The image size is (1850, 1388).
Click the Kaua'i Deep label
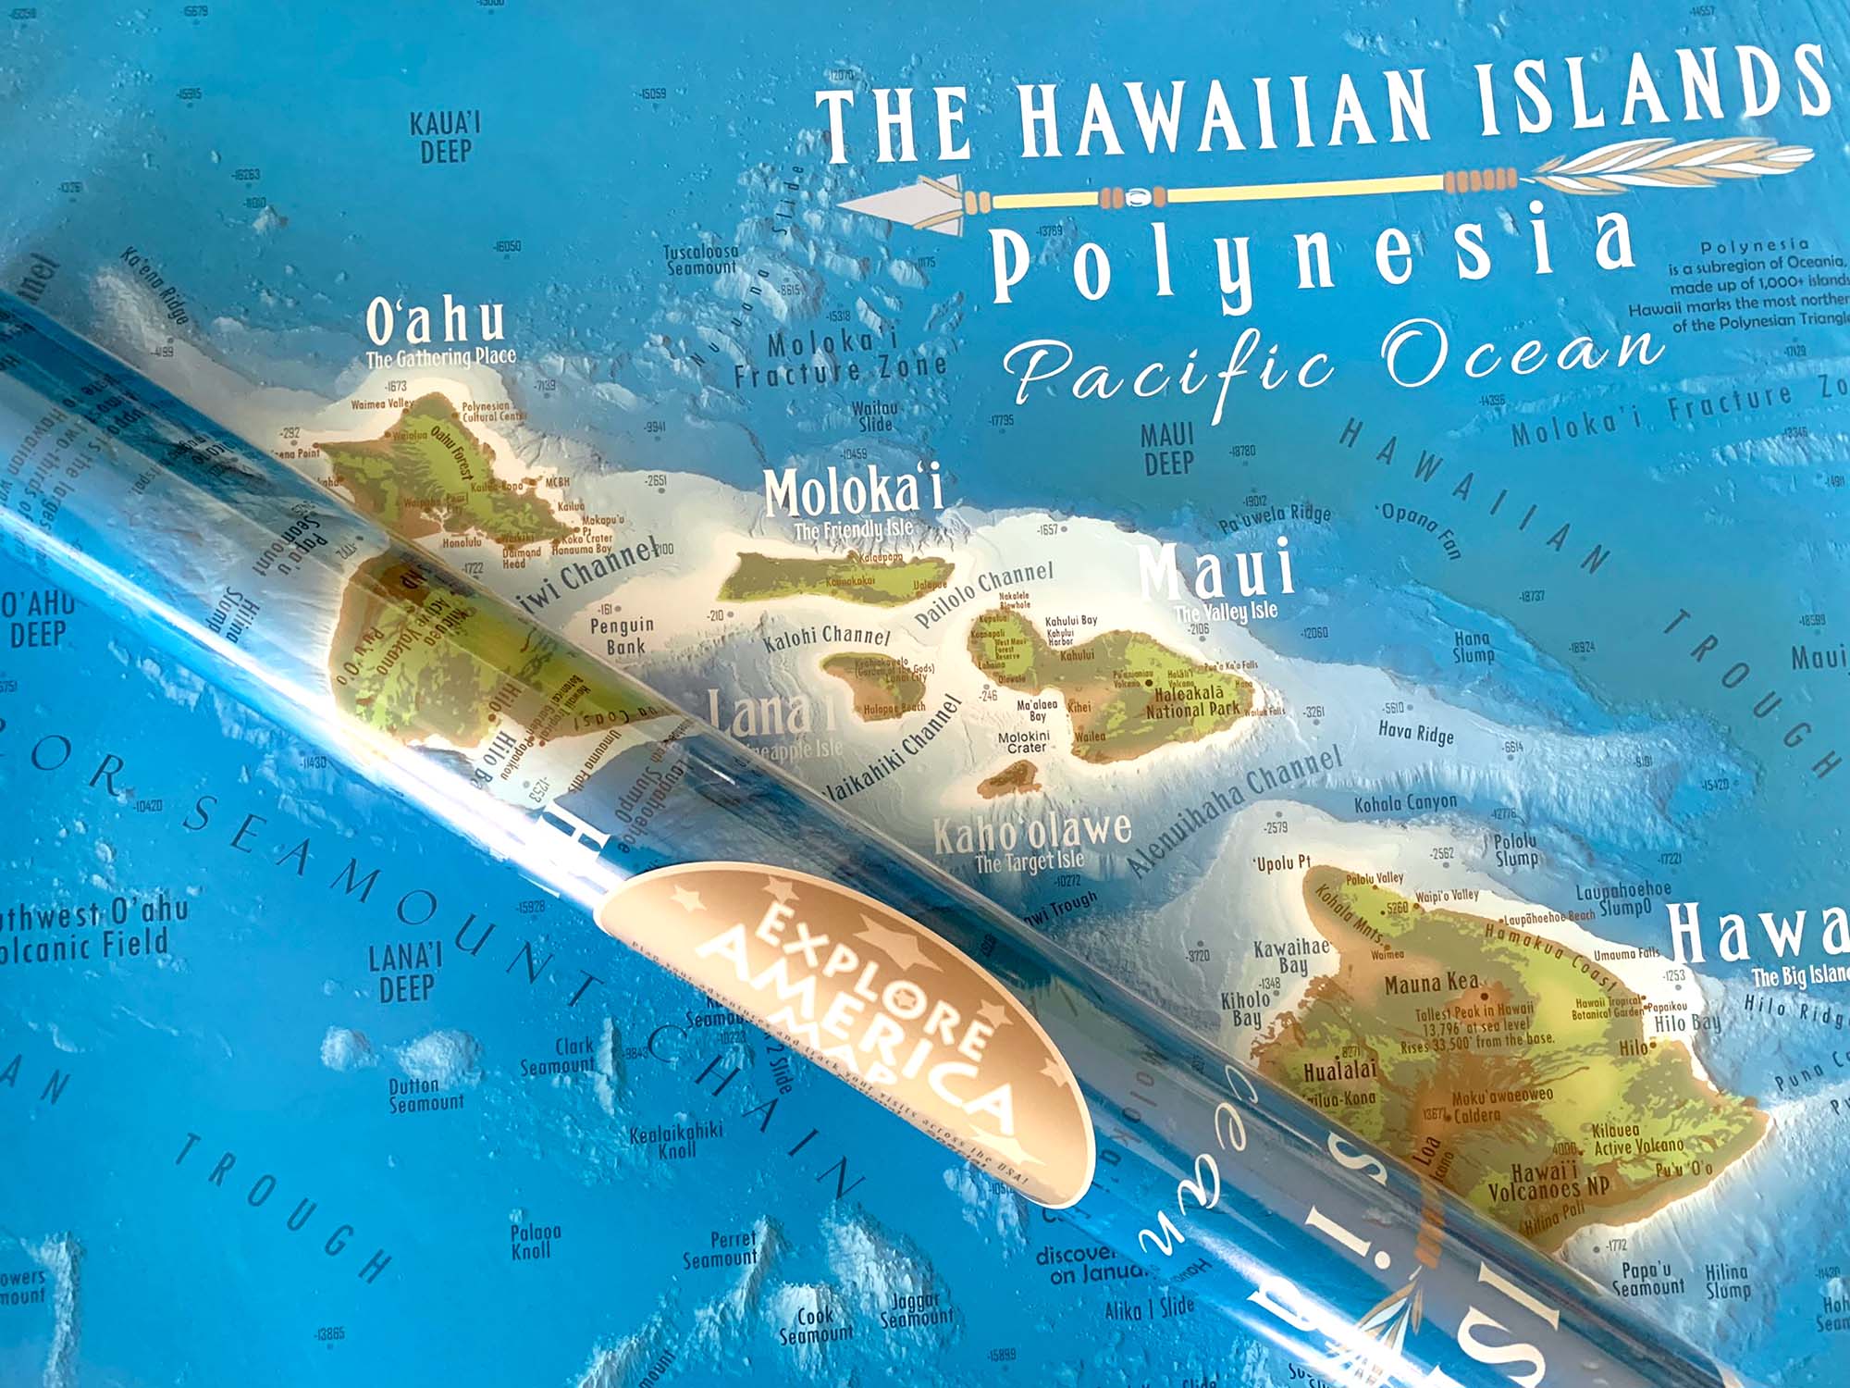[x=445, y=137]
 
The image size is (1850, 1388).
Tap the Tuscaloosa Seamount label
[x=701, y=259]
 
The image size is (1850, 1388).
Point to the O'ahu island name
[x=436, y=320]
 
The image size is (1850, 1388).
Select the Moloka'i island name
[x=853, y=491]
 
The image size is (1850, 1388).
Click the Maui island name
[x=1217, y=569]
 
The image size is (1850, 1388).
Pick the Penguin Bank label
[x=623, y=635]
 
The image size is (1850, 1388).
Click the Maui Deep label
[x=1167, y=449]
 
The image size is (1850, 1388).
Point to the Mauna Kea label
[x=1431, y=984]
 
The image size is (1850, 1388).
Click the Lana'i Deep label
[x=405, y=973]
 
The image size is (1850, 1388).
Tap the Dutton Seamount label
[x=425, y=1094]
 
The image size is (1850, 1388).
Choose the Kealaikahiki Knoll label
[x=676, y=1141]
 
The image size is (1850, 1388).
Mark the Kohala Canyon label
[x=1405, y=802]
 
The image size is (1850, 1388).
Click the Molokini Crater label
[x=1024, y=742]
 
